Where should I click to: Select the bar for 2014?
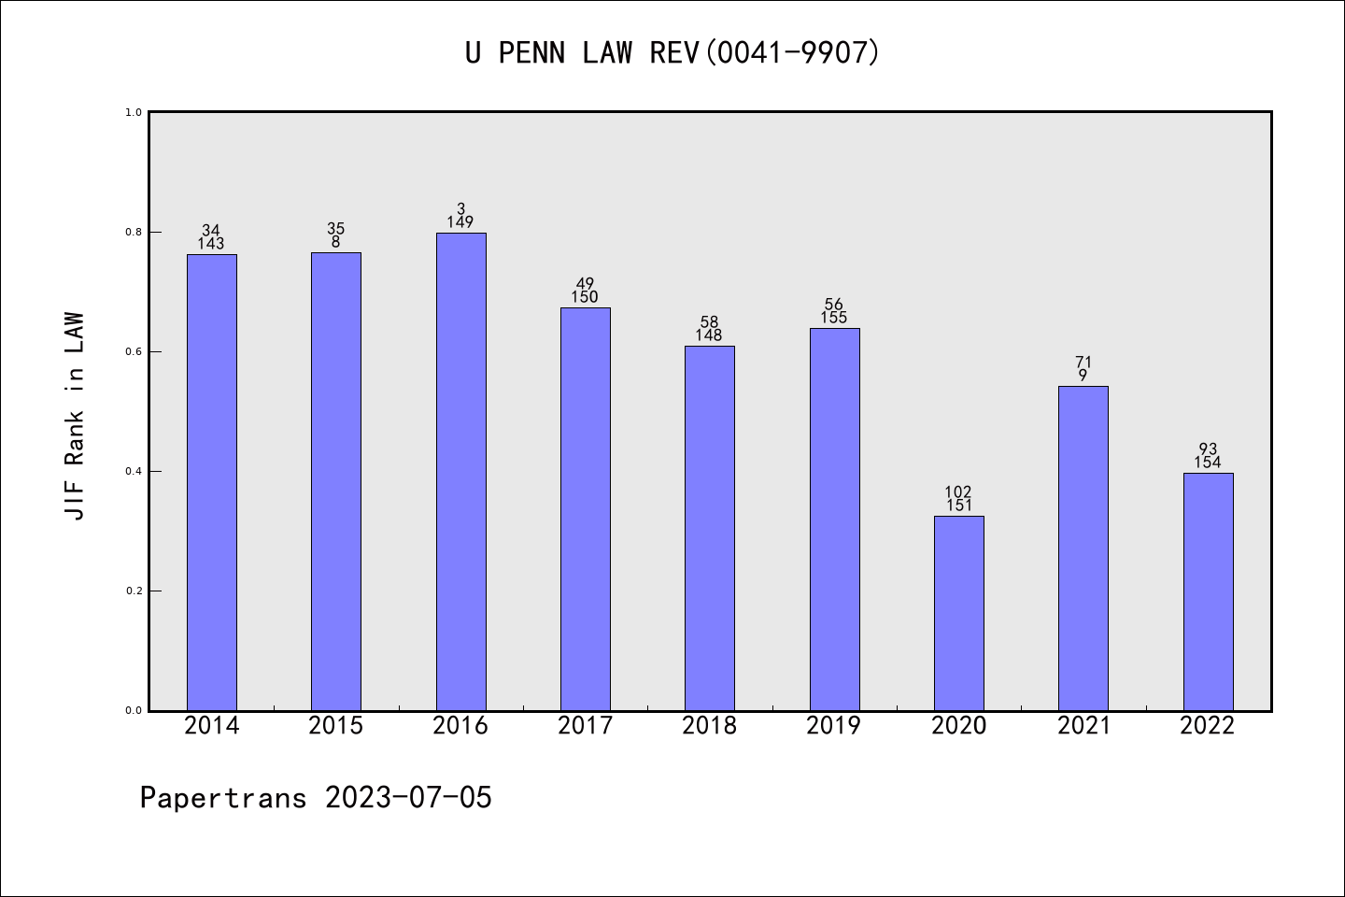click(212, 482)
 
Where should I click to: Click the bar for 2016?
click(460, 472)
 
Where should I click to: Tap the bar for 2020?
click(958, 613)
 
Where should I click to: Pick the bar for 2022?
click(1208, 591)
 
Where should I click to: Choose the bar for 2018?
click(710, 528)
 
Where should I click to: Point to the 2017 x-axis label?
click(585, 726)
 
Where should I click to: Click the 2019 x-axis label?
click(834, 726)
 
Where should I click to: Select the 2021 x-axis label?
click(1083, 726)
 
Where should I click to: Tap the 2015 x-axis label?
click(336, 726)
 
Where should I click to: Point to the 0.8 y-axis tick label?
click(134, 232)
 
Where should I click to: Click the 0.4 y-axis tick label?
click(134, 471)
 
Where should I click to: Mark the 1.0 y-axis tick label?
click(134, 112)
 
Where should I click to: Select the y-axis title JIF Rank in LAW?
click(75, 416)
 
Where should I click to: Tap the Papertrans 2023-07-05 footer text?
click(316, 798)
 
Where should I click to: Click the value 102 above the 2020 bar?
click(958, 492)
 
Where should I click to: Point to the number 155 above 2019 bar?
click(834, 318)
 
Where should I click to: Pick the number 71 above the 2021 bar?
click(1083, 363)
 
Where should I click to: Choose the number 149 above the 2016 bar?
click(460, 222)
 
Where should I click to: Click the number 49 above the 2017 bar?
click(585, 284)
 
